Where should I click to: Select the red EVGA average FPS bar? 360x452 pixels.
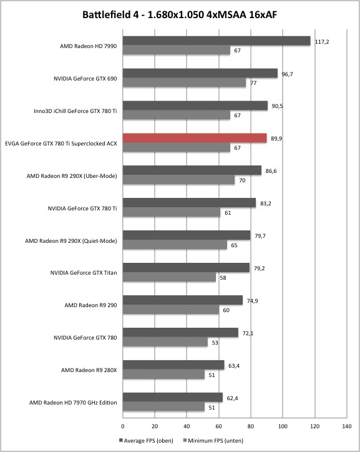tap(195, 139)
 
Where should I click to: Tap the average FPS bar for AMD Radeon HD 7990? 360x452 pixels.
tap(216, 41)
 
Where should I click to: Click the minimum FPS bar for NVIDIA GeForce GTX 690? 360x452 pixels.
tap(184, 83)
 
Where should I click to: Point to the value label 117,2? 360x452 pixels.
tap(322, 42)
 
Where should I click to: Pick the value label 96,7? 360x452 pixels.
tap(287, 74)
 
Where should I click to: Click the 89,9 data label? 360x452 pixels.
tap(276, 139)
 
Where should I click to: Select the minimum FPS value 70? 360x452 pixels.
tap(242, 180)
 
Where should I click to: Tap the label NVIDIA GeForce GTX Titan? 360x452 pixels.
tap(84, 273)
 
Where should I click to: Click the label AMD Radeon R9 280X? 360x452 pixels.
tap(89, 370)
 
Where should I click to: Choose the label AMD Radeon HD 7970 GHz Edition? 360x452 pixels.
tap(73, 403)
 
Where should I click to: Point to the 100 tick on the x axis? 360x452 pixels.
tap(283, 426)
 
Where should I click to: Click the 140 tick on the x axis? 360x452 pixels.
tap(347, 426)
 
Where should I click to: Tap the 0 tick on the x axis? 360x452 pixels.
tap(123, 426)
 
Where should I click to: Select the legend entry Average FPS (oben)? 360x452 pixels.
tap(146, 441)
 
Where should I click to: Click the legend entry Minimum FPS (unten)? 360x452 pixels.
tap(213, 441)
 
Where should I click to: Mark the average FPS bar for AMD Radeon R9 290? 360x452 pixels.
tap(183, 300)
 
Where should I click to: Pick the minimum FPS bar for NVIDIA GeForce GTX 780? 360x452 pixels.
tap(165, 342)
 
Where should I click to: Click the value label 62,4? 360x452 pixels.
tap(232, 398)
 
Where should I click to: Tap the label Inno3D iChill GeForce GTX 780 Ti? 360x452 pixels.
tap(75, 111)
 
